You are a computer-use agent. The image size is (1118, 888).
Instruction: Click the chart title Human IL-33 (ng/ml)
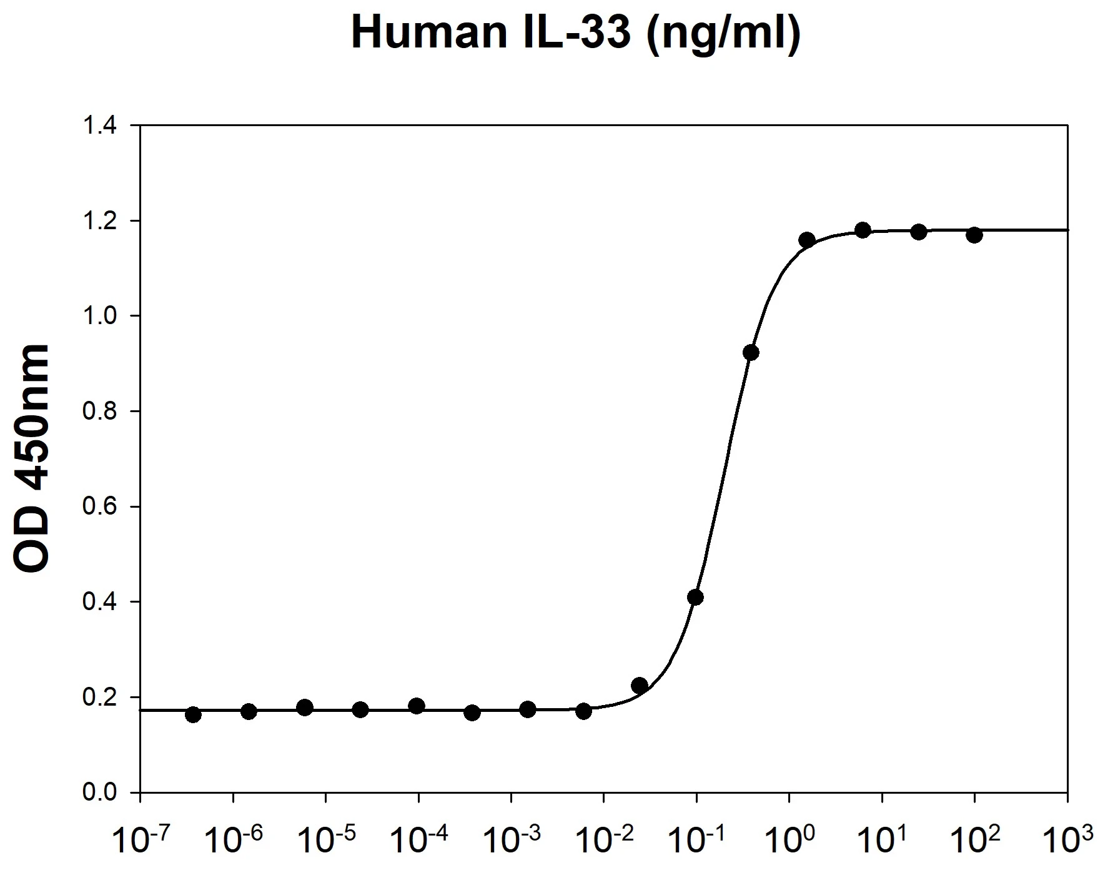pyautogui.click(x=575, y=32)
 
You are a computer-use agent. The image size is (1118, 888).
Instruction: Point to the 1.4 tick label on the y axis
pyautogui.click(x=100, y=126)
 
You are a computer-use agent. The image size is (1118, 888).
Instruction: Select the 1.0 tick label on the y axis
pyautogui.click(x=100, y=317)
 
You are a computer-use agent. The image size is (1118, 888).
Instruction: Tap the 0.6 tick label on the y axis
pyautogui.click(x=100, y=507)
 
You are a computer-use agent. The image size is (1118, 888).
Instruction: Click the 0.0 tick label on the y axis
pyautogui.click(x=100, y=793)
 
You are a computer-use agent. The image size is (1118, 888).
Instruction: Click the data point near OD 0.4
pyautogui.click(x=695, y=598)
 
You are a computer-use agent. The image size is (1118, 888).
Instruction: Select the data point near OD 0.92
pyautogui.click(x=751, y=353)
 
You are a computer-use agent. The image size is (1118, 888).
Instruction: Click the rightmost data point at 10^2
pyautogui.click(x=974, y=235)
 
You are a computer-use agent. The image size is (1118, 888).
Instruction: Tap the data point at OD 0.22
pyautogui.click(x=640, y=686)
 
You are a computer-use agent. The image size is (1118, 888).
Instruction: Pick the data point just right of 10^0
pyautogui.click(x=806, y=240)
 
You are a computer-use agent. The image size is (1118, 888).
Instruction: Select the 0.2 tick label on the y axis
pyautogui.click(x=100, y=698)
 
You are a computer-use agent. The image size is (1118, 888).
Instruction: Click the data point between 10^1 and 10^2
pyautogui.click(x=919, y=232)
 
